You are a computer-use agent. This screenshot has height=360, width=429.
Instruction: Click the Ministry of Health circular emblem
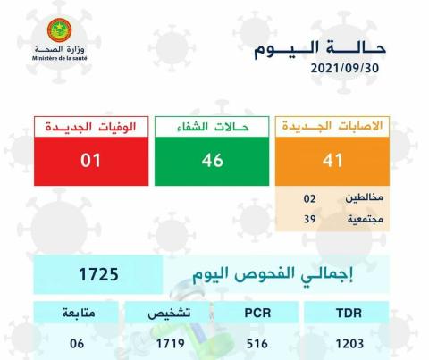point(59,30)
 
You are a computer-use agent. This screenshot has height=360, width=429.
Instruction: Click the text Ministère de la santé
point(60,58)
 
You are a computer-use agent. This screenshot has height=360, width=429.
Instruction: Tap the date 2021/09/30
point(345,69)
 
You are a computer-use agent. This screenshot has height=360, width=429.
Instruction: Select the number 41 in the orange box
point(332,161)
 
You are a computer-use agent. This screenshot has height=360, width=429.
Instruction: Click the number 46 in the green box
point(212,160)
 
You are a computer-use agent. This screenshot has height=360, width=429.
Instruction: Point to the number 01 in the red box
point(90,160)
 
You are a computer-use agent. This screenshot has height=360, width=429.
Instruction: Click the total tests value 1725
point(98,274)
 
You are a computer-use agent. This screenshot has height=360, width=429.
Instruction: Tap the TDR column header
point(349,314)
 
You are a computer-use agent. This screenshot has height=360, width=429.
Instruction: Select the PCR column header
point(257,314)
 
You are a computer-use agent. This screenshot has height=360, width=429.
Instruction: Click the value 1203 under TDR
point(349,344)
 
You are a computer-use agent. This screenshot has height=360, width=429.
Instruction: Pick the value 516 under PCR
point(257,344)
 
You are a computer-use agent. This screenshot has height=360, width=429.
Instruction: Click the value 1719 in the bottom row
point(171,344)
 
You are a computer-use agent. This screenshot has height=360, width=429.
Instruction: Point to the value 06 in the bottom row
point(77,344)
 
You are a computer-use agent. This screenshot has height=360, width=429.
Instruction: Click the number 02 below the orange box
point(310,198)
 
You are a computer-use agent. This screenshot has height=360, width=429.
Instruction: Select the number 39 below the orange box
point(310,219)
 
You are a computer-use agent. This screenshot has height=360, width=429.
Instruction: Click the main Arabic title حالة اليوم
point(320,49)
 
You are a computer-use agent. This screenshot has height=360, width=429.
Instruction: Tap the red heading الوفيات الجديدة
point(91,127)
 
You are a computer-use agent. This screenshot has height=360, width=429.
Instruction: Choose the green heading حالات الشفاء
point(212,127)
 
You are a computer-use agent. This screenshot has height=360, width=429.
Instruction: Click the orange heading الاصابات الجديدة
point(332,126)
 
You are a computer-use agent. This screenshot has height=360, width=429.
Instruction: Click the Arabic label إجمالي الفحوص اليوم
point(273,274)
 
